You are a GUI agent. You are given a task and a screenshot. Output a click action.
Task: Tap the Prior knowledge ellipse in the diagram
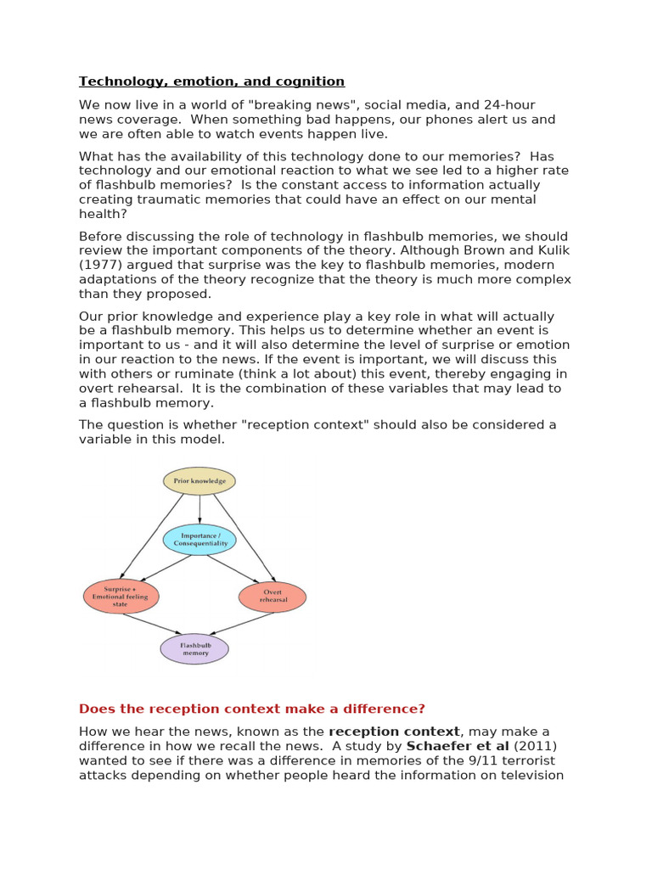pos(200,481)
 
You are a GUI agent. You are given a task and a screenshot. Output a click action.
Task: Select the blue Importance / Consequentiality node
pos(200,540)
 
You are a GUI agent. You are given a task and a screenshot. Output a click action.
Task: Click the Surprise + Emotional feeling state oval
pos(121,597)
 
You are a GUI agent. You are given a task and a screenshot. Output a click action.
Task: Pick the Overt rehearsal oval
pos(273,597)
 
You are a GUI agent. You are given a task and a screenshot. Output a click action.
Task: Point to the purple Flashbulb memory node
pos(194,649)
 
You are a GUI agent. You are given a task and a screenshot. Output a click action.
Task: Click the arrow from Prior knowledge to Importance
pos(200,509)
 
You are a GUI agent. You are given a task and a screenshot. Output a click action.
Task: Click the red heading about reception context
pos(251,709)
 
